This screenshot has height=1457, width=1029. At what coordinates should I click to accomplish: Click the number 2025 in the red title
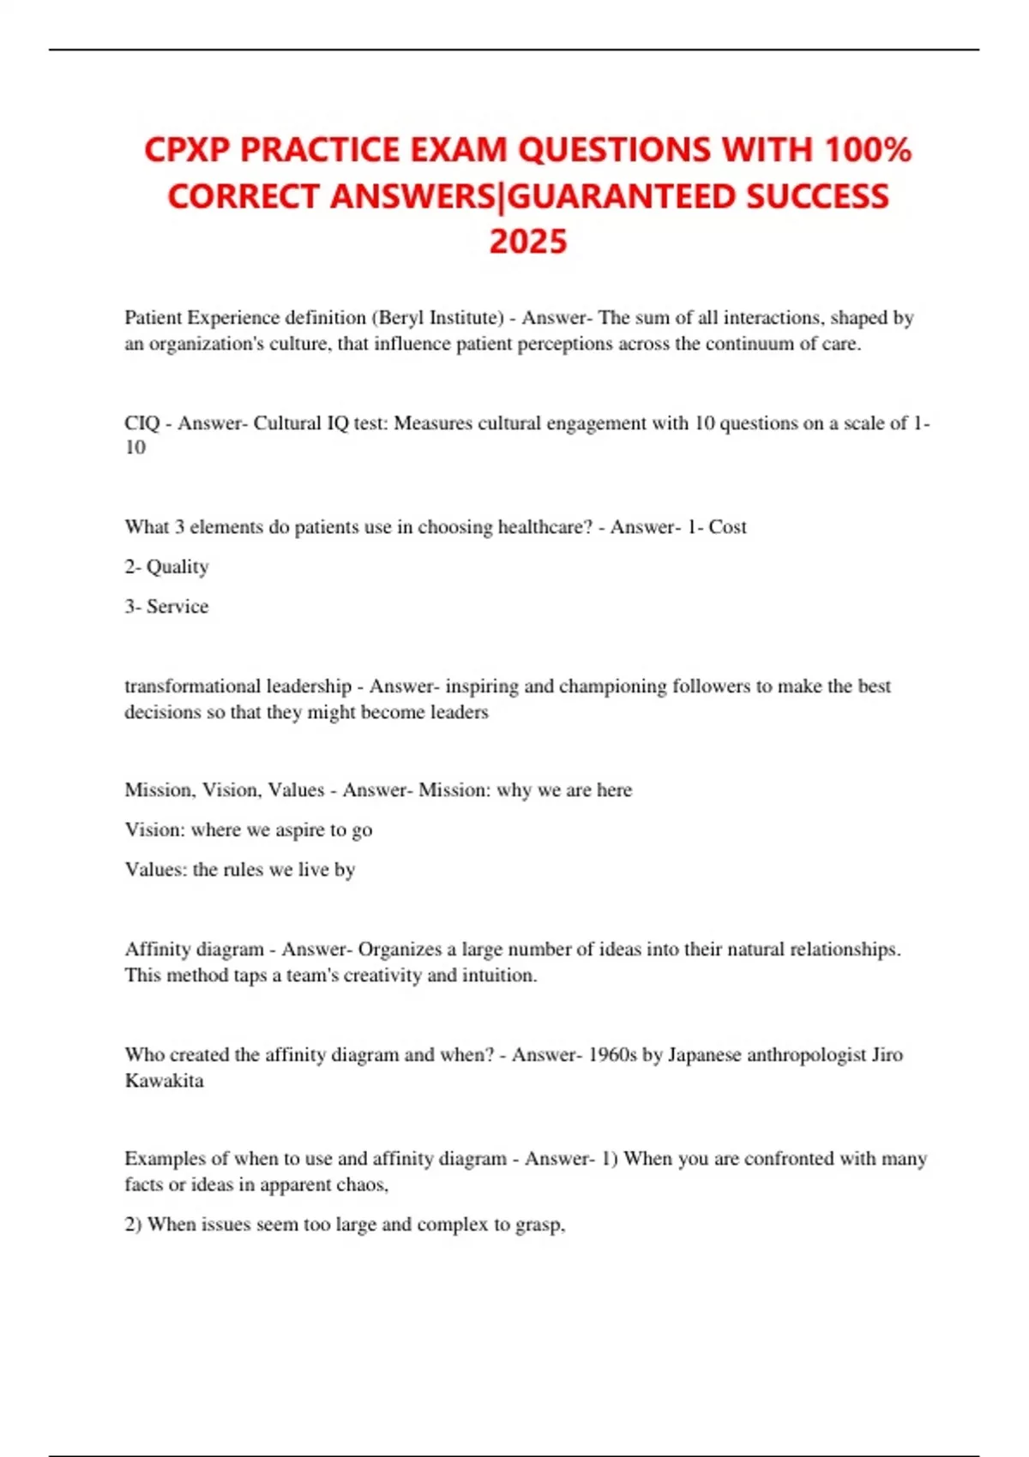pos(528,242)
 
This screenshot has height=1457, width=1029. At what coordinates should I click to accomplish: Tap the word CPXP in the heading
pos(187,150)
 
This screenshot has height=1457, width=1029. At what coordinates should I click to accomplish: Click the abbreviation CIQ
pos(142,423)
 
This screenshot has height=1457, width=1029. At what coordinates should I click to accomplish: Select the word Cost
pos(727,527)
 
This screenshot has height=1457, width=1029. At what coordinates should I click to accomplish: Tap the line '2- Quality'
pos(166,567)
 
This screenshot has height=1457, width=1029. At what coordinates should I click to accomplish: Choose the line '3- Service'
pos(166,607)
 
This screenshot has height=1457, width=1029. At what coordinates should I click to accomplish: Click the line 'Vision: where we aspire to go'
pos(249,830)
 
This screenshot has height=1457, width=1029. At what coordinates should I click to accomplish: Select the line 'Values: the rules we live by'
pos(240,869)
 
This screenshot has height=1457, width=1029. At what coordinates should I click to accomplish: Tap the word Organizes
pos(400,950)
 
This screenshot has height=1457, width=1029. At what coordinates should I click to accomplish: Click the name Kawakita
pos(165,1081)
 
